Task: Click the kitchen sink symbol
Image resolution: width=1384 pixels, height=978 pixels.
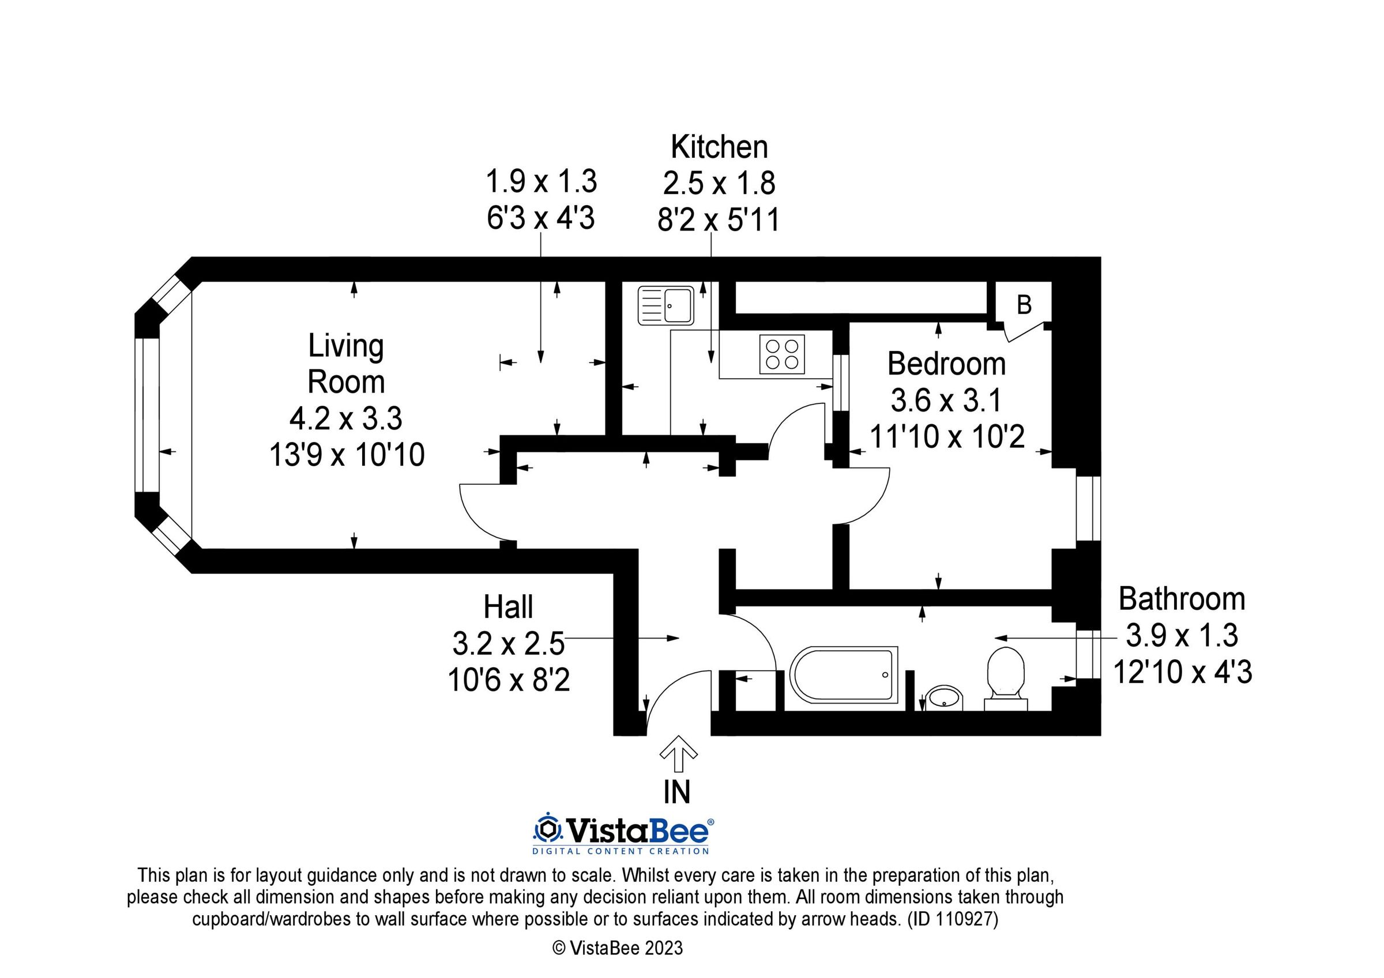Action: coord(665,305)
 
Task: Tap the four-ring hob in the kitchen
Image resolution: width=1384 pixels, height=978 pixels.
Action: coord(782,354)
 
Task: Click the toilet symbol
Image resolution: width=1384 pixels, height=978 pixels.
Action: coord(1006,678)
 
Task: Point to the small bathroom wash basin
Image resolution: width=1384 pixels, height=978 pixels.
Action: coord(945,698)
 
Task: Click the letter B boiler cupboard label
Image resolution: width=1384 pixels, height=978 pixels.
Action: coord(1024,305)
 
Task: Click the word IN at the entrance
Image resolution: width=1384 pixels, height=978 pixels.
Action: coord(677,792)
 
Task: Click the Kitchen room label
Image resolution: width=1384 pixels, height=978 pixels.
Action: coord(719,147)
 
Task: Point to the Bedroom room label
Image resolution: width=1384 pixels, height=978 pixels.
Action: coord(946,364)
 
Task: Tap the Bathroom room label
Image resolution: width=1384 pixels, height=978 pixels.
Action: coord(1182,599)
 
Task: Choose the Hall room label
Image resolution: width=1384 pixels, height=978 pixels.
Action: coord(508,607)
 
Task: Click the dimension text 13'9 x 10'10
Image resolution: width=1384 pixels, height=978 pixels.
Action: coord(347,454)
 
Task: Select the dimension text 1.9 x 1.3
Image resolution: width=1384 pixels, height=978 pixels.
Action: coord(541,182)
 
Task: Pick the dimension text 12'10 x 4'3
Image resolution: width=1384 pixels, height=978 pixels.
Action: coord(1182,671)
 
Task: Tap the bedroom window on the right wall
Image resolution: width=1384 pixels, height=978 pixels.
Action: coord(1089,509)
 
